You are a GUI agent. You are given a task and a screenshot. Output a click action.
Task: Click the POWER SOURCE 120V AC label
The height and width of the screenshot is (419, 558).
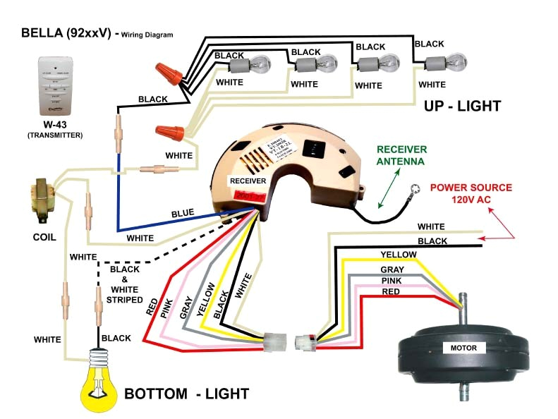471,193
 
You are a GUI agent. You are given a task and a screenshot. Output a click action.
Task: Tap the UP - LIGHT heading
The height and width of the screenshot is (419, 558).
462,107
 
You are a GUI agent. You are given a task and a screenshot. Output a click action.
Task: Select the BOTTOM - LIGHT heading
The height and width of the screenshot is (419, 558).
186,392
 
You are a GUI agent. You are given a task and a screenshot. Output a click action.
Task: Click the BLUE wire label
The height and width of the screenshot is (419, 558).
182,212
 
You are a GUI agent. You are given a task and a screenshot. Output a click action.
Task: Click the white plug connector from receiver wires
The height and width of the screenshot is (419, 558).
274,342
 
